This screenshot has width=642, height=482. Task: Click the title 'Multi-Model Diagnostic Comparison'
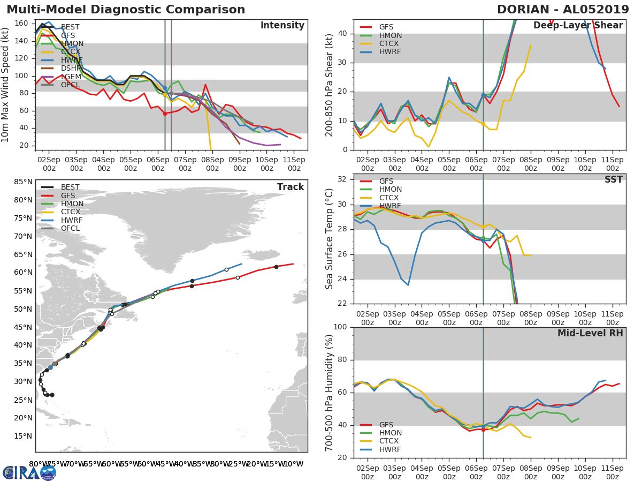tap(126, 10)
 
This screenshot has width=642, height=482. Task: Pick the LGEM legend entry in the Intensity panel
tap(71, 77)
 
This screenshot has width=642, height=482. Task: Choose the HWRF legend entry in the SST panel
tap(389, 206)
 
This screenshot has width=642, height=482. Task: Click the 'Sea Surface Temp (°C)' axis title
tap(330, 239)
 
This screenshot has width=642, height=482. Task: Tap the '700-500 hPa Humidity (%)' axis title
tap(330, 392)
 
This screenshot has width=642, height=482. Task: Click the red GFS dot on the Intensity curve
tap(165, 114)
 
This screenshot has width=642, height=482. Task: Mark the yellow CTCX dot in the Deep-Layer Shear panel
tap(483, 124)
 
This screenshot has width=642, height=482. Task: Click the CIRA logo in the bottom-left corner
tap(29, 472)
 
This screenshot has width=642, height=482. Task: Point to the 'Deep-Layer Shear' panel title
tap(578, 26)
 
